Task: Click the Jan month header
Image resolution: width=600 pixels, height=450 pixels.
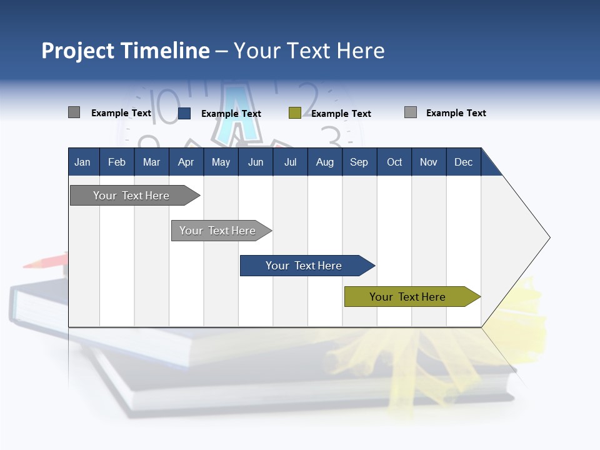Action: click(x=82, y=162)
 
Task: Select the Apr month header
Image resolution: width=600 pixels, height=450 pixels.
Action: click(x=186, y=162)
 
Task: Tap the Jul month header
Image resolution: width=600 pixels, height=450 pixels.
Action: click(x=290, y=162)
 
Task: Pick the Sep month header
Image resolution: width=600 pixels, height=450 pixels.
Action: click(x=359, y=162)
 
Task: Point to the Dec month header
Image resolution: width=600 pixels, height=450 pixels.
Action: click(x=463, y=162)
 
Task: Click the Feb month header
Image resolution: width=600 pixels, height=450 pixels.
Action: click(x=117, y=162)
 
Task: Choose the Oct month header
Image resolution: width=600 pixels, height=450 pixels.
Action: click(x=394, y=162)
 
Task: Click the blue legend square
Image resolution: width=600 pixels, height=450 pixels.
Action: click(x=184, y=113)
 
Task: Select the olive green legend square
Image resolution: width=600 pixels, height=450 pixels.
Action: click(x=295, y=113)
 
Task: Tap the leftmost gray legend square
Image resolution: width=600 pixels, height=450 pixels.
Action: click(x=74, y=112)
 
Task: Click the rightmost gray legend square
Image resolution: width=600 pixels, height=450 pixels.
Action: click(x=411, y=112)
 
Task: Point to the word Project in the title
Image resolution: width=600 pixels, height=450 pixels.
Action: click(x=77, y=51)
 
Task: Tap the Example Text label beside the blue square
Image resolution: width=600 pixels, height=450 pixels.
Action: click(x=231, y=114)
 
